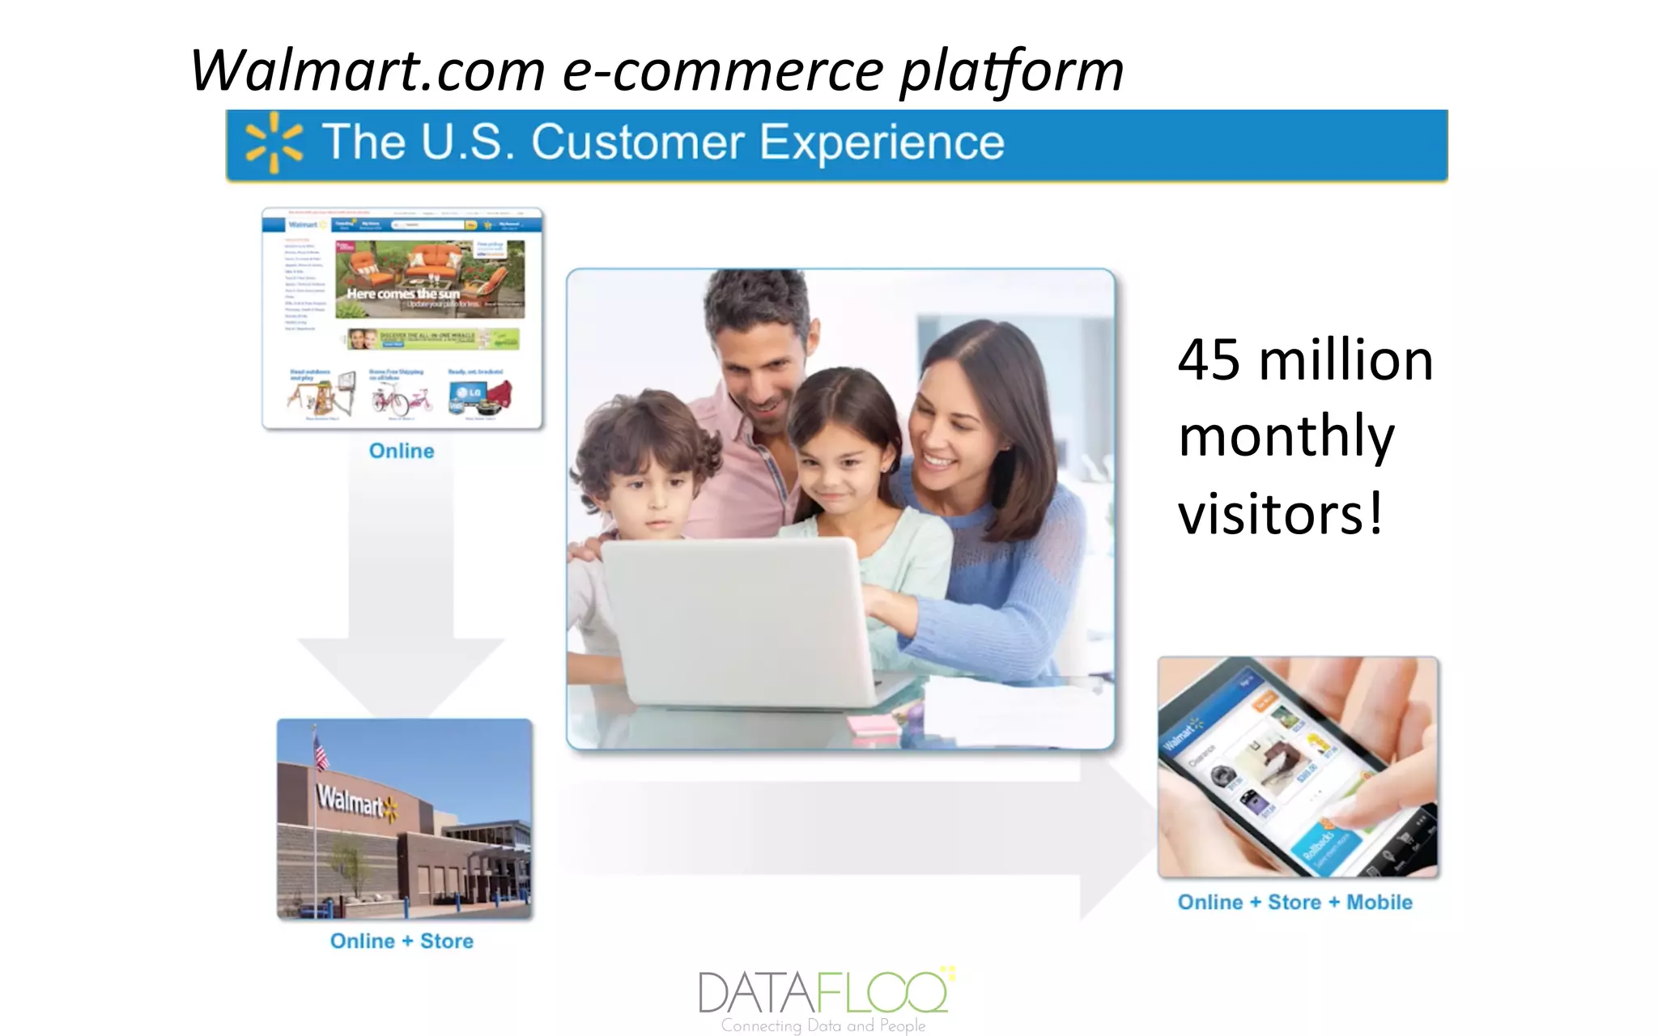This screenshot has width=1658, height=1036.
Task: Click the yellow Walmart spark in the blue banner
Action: tap(274, 142)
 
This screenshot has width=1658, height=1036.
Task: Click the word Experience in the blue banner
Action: tap(882, 143)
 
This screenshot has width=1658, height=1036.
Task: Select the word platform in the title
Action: tap(1011, 72)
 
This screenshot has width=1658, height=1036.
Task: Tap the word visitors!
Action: tap(1279, 513)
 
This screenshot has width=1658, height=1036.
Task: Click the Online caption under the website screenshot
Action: tap(402, 451)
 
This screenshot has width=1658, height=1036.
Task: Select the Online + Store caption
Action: tap(402, 941)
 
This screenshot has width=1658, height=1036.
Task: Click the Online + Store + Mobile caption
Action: tap(1295, 902)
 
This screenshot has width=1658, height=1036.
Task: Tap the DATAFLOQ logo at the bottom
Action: tap(824, 993)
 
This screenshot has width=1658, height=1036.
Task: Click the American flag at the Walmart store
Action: tap(321, 750)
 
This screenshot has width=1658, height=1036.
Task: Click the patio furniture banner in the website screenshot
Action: tap(429, 278)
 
